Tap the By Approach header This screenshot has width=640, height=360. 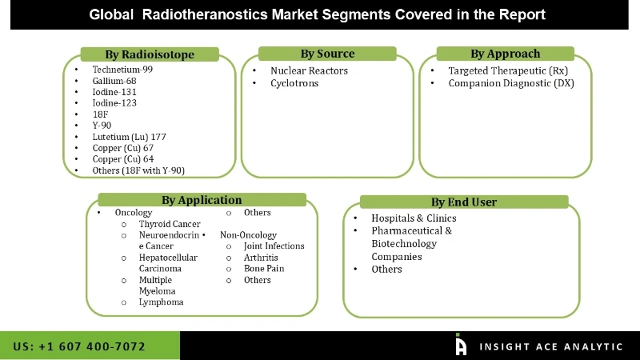tap(505, 54)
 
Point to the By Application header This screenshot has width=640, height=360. tap(202, 200)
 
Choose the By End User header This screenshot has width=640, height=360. tap(464, 202)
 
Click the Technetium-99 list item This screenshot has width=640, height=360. tap(122, 70)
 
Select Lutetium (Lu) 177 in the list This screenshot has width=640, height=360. tap(130, 137)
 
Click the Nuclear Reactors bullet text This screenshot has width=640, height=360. tap(309, 70)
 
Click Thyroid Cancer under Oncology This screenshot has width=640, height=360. tap(170, 224)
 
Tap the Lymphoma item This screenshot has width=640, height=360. tap(161, 302)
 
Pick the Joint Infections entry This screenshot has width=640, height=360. tap(274, 246)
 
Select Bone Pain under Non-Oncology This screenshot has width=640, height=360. tap(265, 269)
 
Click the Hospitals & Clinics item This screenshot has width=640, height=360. tap(414, 218)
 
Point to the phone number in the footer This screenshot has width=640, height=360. tap(79, 346)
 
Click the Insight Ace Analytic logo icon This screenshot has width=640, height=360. tap(461, 345)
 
